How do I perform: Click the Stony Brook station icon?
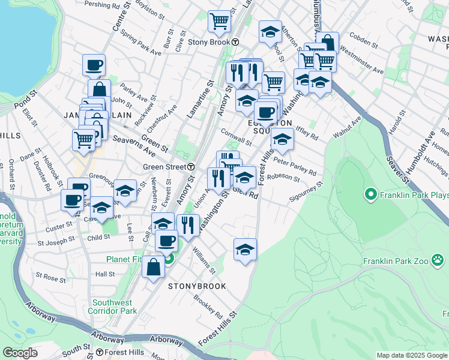coord(236,43)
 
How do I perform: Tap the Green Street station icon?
coord(191,166)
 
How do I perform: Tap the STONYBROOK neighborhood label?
coord(197,286)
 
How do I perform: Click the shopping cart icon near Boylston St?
coord(219,22)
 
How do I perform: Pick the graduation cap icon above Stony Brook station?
coord(271,32)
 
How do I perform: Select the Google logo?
coord(20,353)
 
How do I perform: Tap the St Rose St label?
coord(51,278)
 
